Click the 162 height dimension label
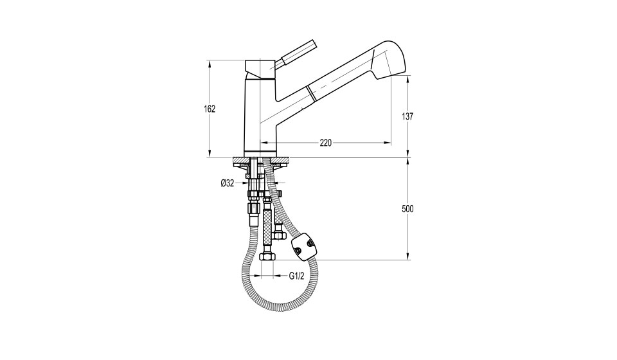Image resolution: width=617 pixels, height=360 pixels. click(x=210, y=109)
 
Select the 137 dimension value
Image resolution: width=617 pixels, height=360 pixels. click(x=407, y=116)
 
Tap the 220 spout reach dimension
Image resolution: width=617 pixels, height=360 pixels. click(x=325, y=143)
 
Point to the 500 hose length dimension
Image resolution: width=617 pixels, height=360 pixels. click(x=407, y=209)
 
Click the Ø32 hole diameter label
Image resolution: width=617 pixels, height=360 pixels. click(x=228, y=183)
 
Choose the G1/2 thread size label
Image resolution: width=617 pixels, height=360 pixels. click(x=297, y=276)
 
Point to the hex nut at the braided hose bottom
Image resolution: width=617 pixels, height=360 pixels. click(x=267, y=256)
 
